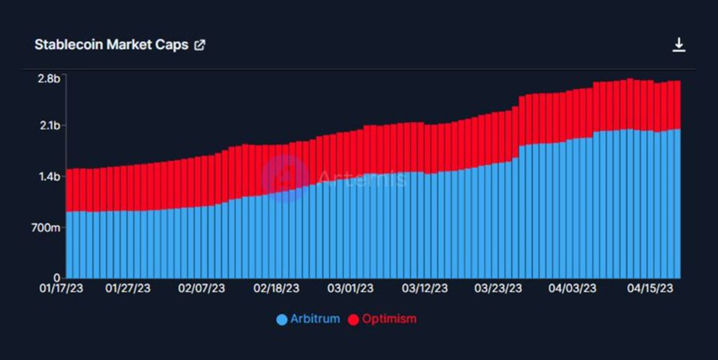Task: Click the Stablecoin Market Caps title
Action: (x=111, y=45)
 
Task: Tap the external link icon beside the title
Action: (x=199, y=45)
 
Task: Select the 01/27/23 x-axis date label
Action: (x=128, y=289)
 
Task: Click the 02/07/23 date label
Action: (x=202, y=289)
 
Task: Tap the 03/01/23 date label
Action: (x=350, y=289)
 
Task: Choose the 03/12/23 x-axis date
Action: (x=425, y=289)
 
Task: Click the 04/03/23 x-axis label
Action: (x=573, y=289)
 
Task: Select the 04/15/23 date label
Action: (x=647, y=289)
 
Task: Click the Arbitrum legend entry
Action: (x=309, y=319)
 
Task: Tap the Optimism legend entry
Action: (x=382, y=319)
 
